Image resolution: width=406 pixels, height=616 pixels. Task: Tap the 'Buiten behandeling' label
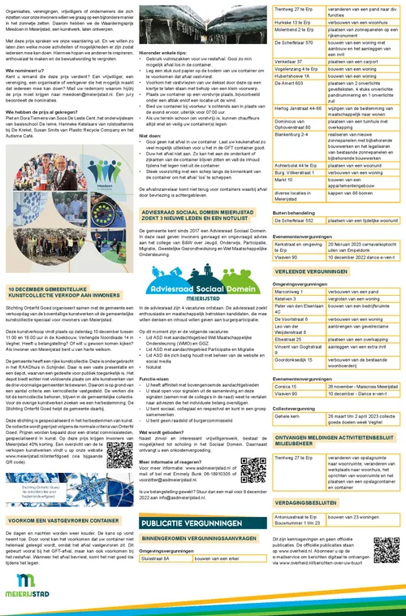(294, 210)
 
